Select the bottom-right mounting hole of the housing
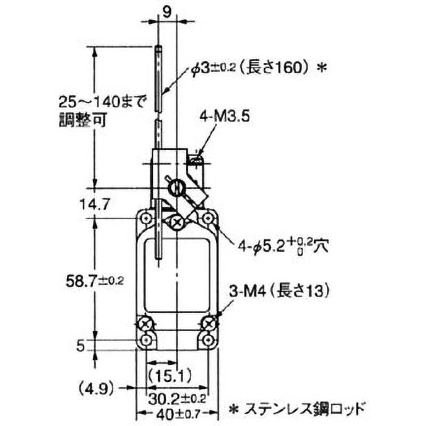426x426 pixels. coord(208,340)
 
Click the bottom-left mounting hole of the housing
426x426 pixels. coord(145,340)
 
